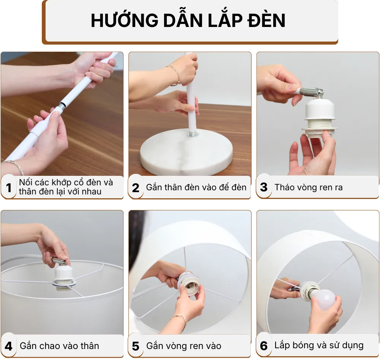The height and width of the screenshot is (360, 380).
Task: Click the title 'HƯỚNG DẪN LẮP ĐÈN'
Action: (x=188, y=21)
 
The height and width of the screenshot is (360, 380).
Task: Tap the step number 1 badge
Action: (x=9, y=188)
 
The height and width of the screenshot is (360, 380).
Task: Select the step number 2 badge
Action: (x=136, y=188)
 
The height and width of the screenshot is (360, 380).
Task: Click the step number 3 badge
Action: (x=264, y=187)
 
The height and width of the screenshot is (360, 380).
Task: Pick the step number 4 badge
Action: (x=9, y=346)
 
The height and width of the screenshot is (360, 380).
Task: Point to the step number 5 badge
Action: (x=136, y=346)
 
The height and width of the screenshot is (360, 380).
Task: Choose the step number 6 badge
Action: (x=264, y=346)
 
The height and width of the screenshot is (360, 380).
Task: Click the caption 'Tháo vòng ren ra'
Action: (x=309, y=187)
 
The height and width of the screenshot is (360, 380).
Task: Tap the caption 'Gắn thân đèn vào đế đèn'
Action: (x=196, y=187)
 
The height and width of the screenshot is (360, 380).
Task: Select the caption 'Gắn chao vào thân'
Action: (x=59, y=346)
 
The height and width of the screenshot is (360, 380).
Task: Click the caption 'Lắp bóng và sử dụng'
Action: (x=319, y=346)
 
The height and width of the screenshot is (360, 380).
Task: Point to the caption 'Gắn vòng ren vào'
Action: (x=184, y=346)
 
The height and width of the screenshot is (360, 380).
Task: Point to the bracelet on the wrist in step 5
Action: (x=180, y=317)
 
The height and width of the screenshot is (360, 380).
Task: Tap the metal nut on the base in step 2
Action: (x=192, y=134)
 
